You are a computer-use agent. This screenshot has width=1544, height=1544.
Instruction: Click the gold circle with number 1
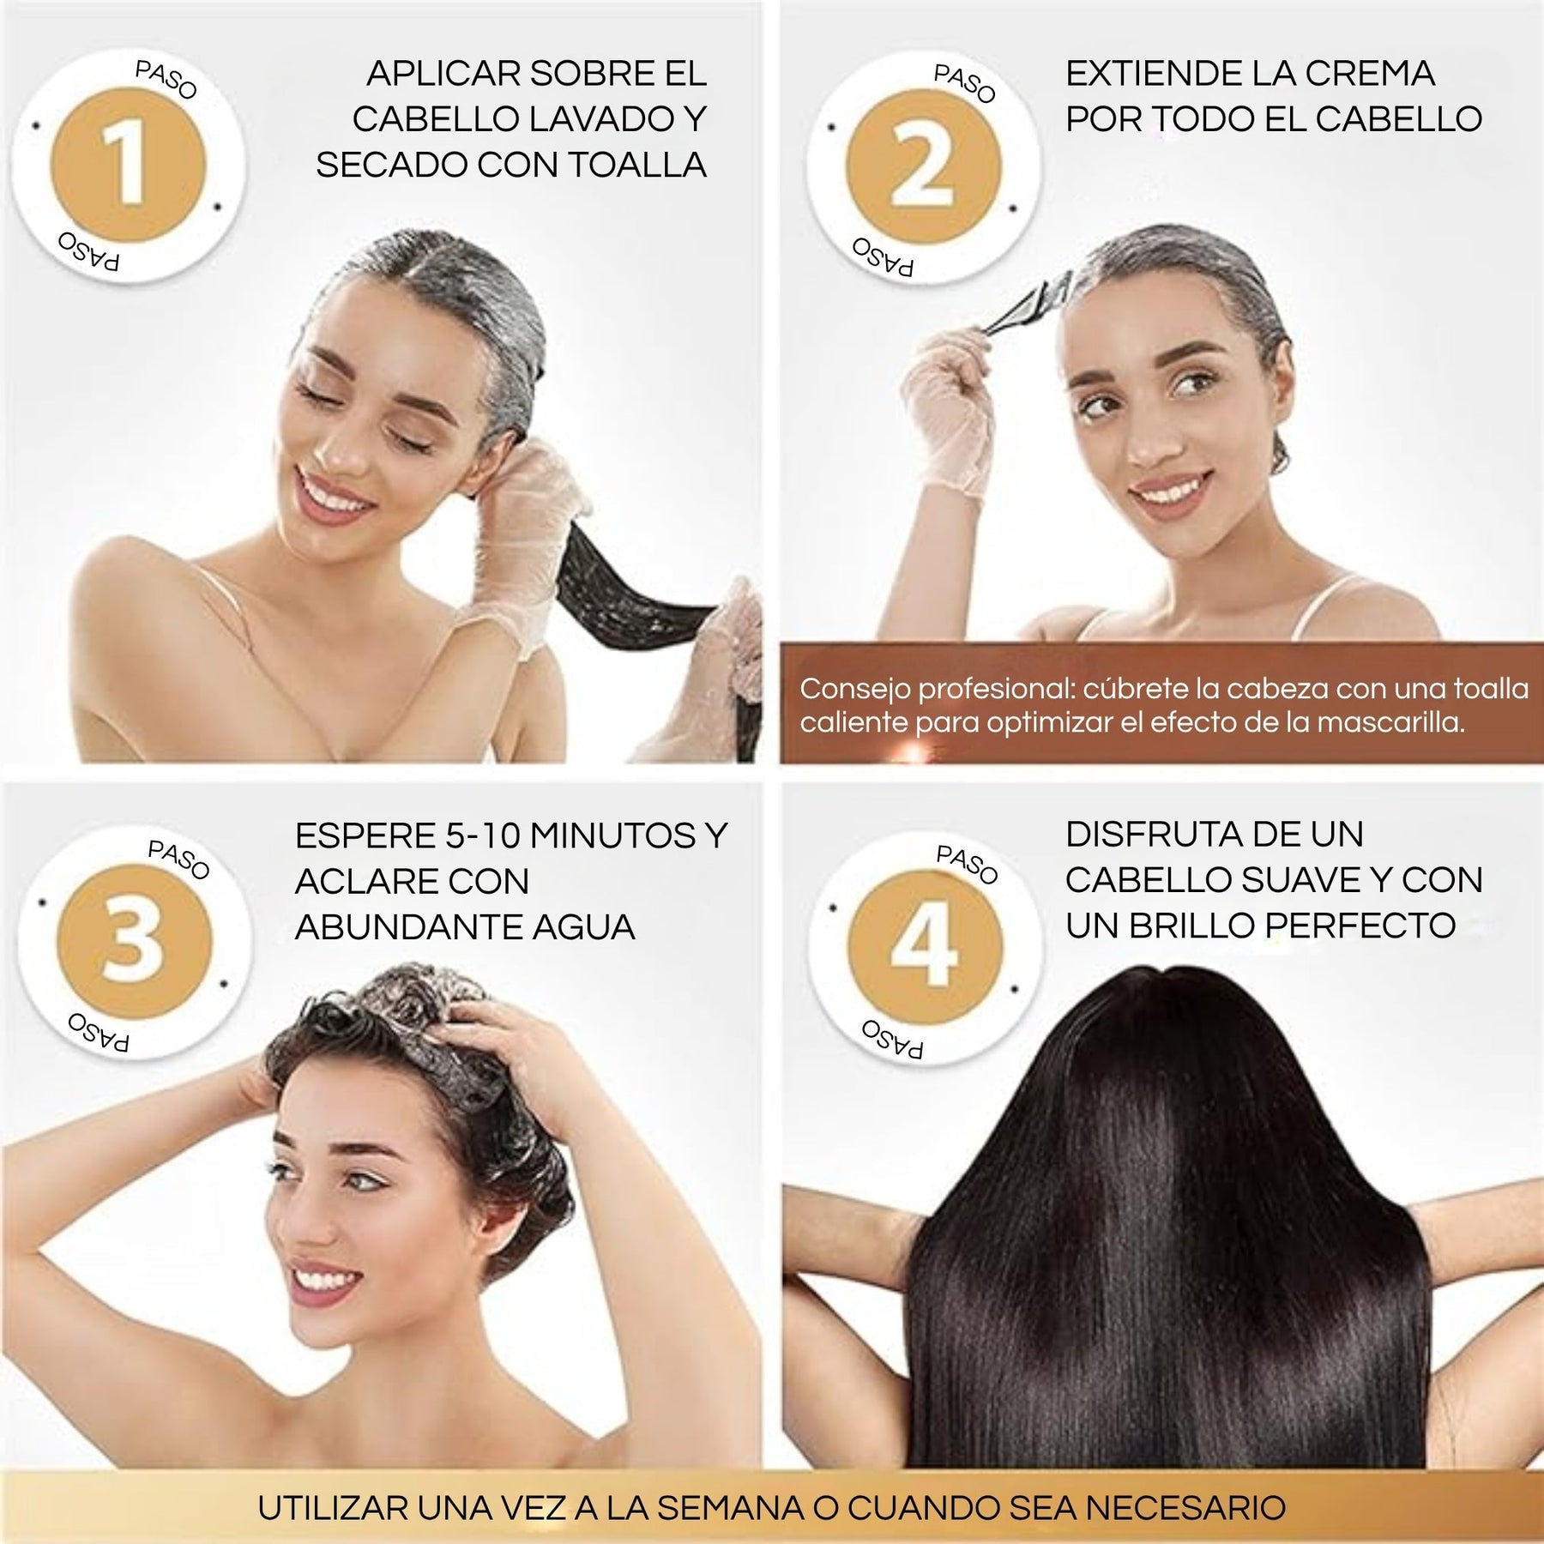pyautogui.click(x=129, y=165)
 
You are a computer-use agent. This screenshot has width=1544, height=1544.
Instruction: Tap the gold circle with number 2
pyautogui.click(x=923, y=167)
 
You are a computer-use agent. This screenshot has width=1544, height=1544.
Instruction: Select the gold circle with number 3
pyautogui.click(x=134, y=942)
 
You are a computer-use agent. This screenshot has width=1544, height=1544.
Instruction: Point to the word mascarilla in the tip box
pyautogui.click(x=1390, y=722)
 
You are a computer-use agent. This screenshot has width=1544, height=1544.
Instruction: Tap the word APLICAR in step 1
pyautogui.click(x=439, y=74)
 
